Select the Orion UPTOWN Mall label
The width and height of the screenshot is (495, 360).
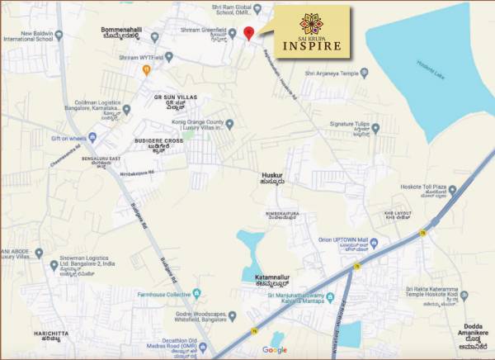342,240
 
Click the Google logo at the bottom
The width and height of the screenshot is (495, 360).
275,350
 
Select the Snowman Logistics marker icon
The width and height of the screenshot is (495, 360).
54,266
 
